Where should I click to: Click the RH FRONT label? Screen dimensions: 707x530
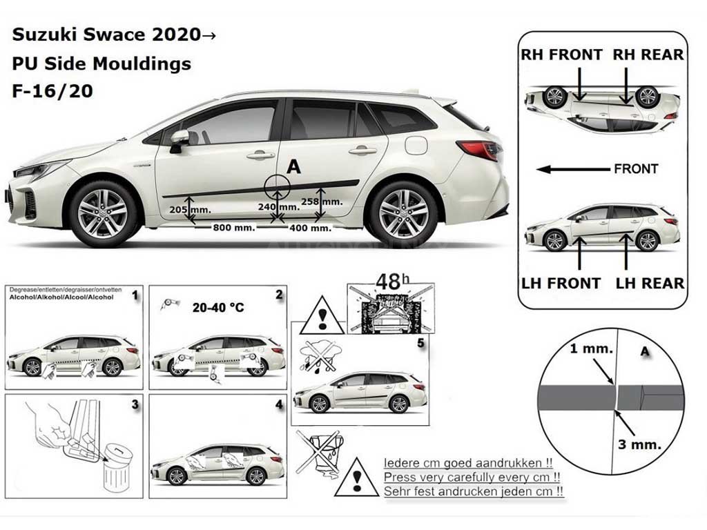click(561, 55)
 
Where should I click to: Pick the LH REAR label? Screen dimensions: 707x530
click(650, 283)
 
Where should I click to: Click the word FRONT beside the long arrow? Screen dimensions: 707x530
click(635, 168)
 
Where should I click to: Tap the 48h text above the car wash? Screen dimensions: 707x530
click(390, 281)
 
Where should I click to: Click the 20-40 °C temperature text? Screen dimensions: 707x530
click(218, 308)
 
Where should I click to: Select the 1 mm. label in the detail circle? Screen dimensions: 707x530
click(591, 349)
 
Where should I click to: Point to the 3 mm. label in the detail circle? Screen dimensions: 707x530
click(639, 444)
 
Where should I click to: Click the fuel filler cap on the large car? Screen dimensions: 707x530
click(416, 145)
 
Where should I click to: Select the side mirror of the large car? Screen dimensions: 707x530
click(179, 138)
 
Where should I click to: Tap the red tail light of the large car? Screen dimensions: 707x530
click(478, 148)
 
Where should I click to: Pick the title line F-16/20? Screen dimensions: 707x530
click(52, 91)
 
